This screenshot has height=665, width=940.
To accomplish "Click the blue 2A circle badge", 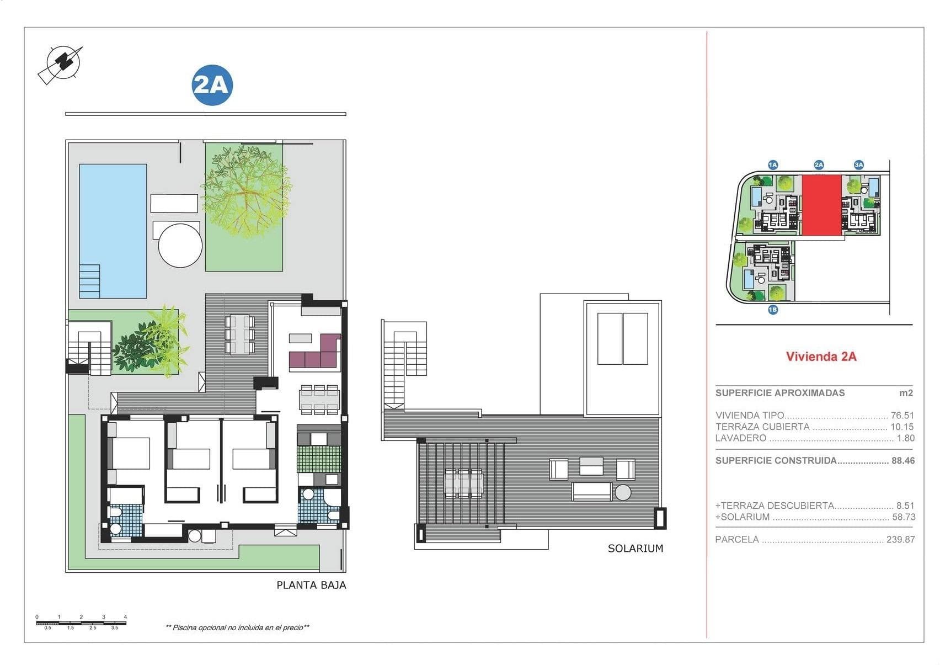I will tap(212, 86).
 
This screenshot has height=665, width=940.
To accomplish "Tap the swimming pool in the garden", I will tap(113, 231).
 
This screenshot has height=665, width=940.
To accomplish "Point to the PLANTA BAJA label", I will tap(311, 585).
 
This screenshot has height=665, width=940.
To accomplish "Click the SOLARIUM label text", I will tap(635, 548).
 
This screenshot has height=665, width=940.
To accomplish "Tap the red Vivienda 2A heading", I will tap(821, 357).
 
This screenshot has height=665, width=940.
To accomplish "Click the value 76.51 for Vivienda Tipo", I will tap(902, 416).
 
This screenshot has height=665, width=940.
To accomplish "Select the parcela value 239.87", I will tap(900, 540).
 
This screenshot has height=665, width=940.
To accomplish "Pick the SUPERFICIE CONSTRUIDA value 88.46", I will tap(902, 460).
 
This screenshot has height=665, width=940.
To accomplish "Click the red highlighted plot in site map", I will tap(821, 205).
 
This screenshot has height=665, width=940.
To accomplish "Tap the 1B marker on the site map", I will tap(772, 310).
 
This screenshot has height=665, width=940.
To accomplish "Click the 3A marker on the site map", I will tap(858, 164).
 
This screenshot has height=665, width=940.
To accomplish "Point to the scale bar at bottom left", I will tap(81, 623).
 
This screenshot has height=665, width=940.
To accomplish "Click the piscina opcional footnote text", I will tap(237, 627).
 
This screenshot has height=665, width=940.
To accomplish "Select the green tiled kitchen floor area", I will tap(318, 459).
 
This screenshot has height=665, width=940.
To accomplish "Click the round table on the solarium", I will tap(623, 492).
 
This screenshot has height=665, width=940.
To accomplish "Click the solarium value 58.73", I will tap(903, 517).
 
